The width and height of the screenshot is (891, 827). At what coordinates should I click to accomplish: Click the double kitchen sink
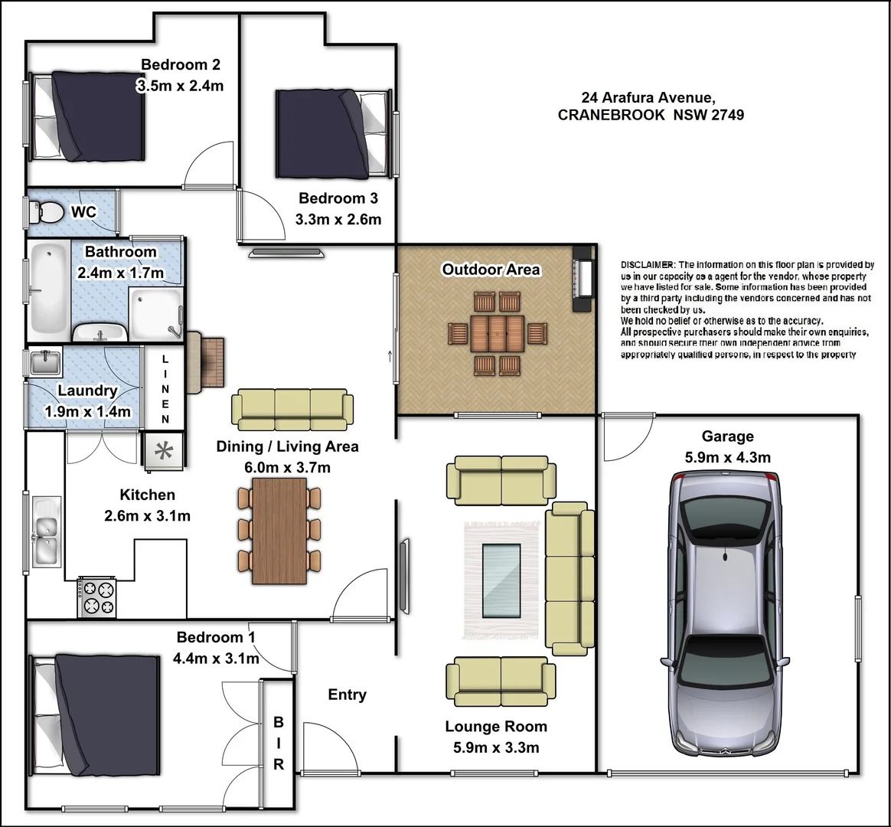click(x=46, y=531)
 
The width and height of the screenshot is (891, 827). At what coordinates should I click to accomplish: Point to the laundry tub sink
click(x=45, y=363)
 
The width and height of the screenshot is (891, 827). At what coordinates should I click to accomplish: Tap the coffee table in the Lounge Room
click(x=501, y=580)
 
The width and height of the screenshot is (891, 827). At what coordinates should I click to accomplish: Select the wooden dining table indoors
click(x=279, y=531)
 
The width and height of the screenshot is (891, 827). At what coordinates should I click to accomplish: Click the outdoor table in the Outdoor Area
click(x=498, y=333)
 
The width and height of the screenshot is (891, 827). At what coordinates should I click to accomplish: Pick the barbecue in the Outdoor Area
click(x=583, y=279)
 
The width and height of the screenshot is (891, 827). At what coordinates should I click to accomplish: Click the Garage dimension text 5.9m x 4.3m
click(x=727, y=458)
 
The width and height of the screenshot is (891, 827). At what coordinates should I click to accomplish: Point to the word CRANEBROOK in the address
click(x=611, y=115)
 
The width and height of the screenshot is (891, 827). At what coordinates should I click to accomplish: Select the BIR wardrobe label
click(x=279, y=744)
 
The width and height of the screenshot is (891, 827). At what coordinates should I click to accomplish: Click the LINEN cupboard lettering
click(x=165, y=389)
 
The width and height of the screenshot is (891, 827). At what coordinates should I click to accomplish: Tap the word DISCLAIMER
click(x=648, y=265)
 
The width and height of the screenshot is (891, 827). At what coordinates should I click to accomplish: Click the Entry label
click(x=348, y=695)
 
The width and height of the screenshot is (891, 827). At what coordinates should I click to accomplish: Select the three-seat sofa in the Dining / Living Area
click(x=292, y=409)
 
